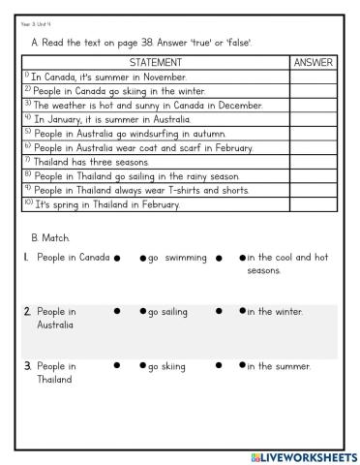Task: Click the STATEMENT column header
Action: pos(155,62)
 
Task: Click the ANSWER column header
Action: pos(312,62)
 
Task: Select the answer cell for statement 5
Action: pos(312,133)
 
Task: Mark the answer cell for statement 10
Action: pos(312,205)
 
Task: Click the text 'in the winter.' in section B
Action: pos(275,312)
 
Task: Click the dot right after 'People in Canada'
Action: pos(116,258)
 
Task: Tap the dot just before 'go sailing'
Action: pos(142,312)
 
